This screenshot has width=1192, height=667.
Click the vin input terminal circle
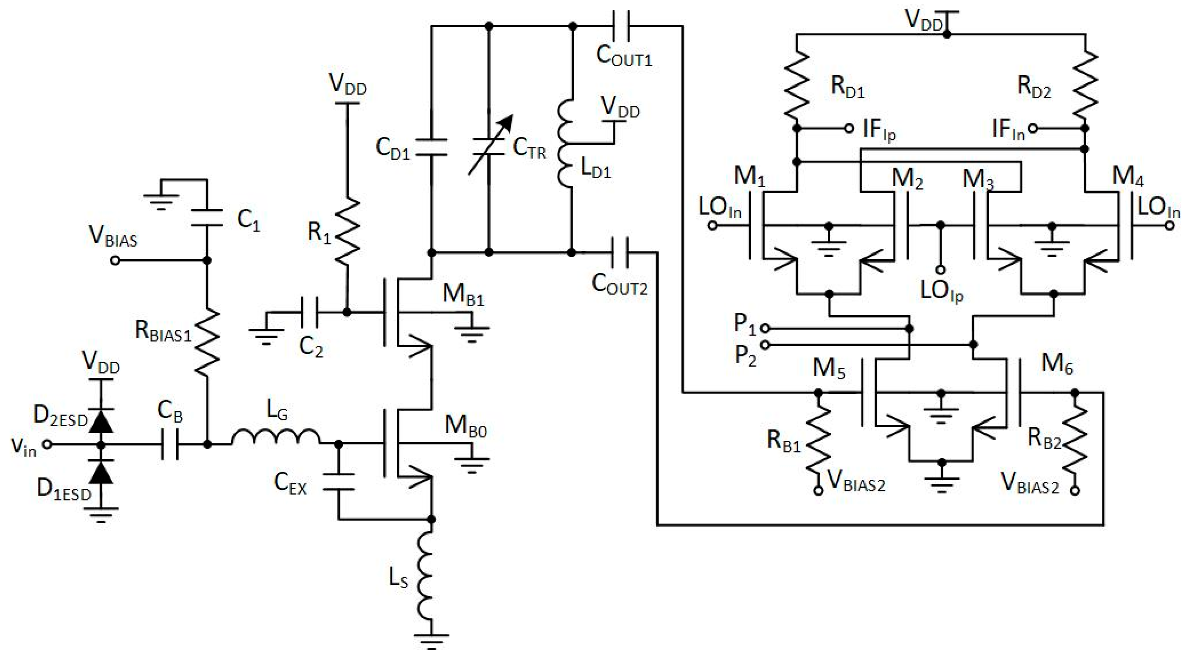click(47, 445)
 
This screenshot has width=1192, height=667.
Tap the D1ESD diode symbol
click(101, 472)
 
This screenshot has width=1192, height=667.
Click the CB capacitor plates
click(170, 445)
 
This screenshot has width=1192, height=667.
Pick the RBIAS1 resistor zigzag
click(207, 342)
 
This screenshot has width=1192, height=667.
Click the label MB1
click(463, 294)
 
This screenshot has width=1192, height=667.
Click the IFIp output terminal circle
click(849, 129)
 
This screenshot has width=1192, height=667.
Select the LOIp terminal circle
click(940, 269)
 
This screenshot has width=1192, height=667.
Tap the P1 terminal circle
click(765, 328)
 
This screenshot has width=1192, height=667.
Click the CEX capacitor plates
click(338, 481)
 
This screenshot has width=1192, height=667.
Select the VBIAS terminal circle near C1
click(115, 261)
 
